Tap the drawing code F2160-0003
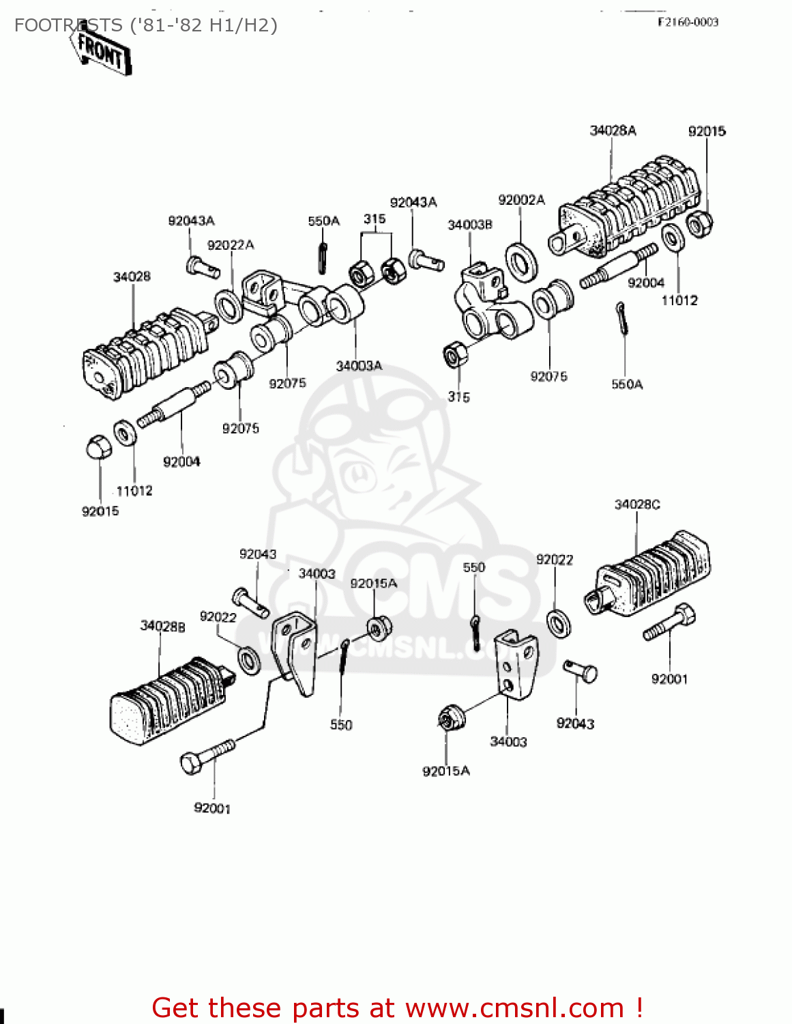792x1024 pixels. click(x=688, y=22)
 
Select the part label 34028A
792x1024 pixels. click(x=613, y=130)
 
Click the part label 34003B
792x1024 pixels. click(x=469, y=225)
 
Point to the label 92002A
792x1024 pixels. click(x=521, y=200)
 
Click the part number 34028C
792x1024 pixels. click(x=637, y=504)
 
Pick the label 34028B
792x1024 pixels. click(x=162, y=626)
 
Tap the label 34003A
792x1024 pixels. click(x=359, y=366)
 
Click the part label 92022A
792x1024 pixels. click(x=231, y=245)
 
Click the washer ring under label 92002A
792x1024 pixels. click(x=521, y=261)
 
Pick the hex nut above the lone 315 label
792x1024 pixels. click(x=455, y=355)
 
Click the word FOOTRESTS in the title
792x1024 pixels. click(x=68, y=26)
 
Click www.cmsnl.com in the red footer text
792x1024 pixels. click(x=514, y=1008)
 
